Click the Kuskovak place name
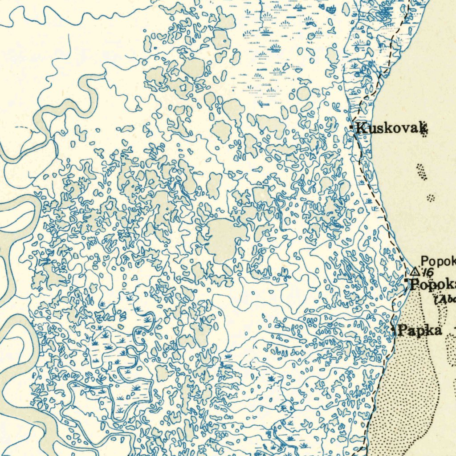(x=390, y=129)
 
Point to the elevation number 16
(x=428, y=273)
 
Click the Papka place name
(x=419, y=330)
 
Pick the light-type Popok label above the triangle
(x=438, y=261)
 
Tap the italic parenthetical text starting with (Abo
(x=444, y=299)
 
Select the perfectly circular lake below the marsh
(x=303, y=94)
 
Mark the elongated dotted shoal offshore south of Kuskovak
(x=421, y=172)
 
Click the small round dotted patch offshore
(x=431, y=197)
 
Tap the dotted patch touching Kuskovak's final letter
(x=425, y=131)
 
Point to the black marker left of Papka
(x=394, y=330)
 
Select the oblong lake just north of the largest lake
(x=214, y=185)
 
